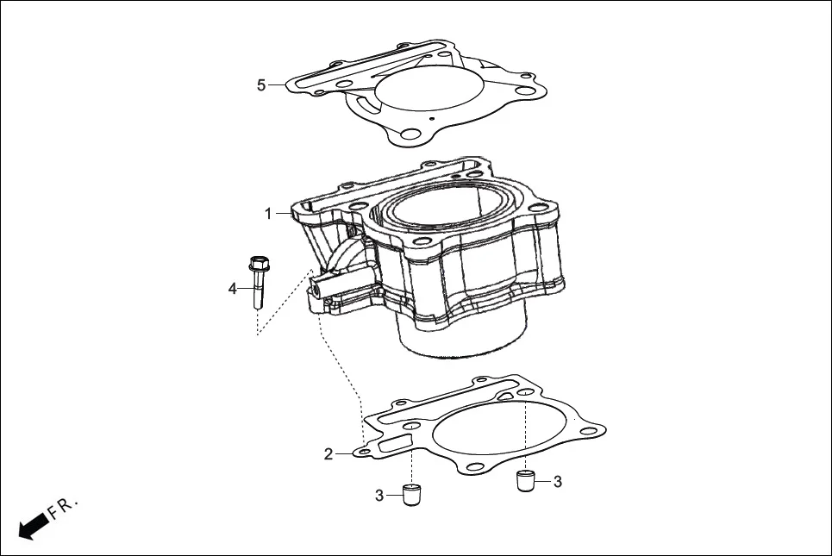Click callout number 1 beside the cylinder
click(x=268, y=213)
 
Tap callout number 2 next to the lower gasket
click(x=328, y=454)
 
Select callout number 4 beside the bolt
click(x=232, y=288)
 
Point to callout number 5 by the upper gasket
click(x=261, y=84)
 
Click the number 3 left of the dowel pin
click(x=379, y=495)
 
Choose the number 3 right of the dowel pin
click(x=557, y=481)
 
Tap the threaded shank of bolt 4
click(x=257, y=293)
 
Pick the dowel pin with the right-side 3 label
click(x=526, y=480)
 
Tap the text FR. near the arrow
click(x=64, y=508)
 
